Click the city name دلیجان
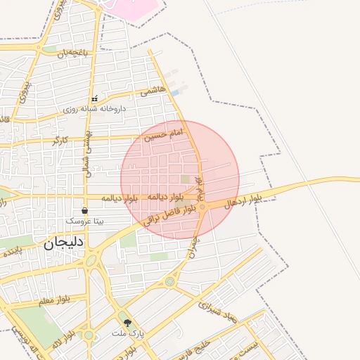(63, 244)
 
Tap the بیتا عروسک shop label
(84, 221)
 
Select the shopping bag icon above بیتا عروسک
(84, 210)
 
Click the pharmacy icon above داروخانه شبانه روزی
(94, 98)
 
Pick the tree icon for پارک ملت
(127, 322)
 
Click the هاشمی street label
(153, 91)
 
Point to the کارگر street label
(60, 141)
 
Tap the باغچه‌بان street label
(75, 53)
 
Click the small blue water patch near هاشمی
(176, 92)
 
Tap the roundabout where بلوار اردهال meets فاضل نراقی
(202, 207)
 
